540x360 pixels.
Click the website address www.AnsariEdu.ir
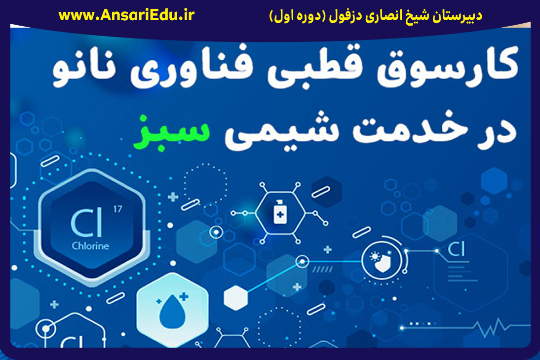126,15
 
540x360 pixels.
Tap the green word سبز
171,133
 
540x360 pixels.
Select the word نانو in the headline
84,70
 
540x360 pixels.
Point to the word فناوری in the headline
192,67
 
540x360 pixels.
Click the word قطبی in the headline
315,67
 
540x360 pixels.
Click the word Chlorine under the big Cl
90,245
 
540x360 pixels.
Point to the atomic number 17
117,209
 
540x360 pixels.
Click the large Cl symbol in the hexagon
86,223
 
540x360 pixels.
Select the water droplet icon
173,311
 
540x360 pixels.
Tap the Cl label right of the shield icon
456,249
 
